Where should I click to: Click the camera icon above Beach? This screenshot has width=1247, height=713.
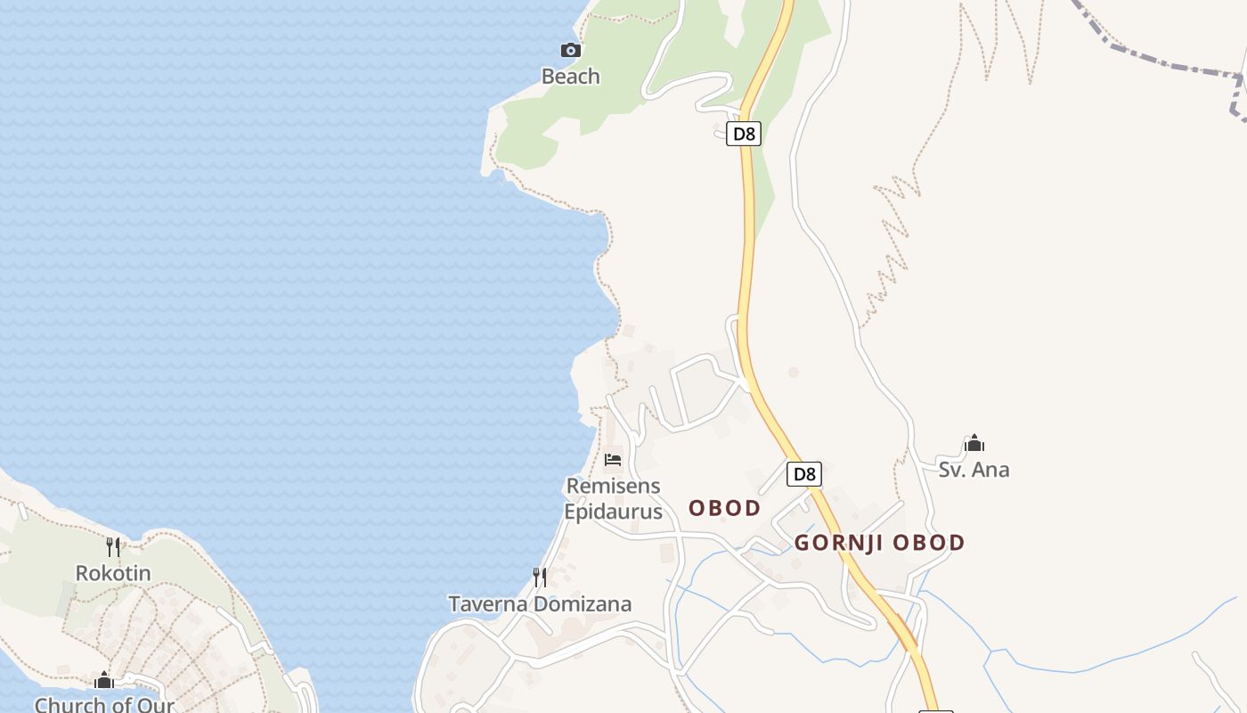point(571,51)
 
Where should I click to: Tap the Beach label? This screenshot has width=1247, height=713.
point(571,77)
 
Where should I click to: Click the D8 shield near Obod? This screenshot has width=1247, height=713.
point(804,474)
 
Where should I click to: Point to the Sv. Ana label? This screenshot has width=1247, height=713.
point(974,470)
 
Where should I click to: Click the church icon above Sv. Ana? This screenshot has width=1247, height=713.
point(974,443)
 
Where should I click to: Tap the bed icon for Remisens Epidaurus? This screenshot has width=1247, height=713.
point(613,460)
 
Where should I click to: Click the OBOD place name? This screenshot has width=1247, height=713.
point(725,509)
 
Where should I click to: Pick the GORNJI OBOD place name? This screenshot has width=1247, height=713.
point(879,543)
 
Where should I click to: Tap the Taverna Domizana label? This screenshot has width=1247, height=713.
point(540,604)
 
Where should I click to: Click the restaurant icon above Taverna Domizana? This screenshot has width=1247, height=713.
point(540,578)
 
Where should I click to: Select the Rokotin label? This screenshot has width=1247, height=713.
point(113,573)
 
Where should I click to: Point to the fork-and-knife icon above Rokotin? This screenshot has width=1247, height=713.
point(113,546)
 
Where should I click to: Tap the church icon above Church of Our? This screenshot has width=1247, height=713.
point(104,681)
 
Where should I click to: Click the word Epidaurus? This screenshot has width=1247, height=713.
point(613,512)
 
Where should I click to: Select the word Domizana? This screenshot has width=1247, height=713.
point(583,604)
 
